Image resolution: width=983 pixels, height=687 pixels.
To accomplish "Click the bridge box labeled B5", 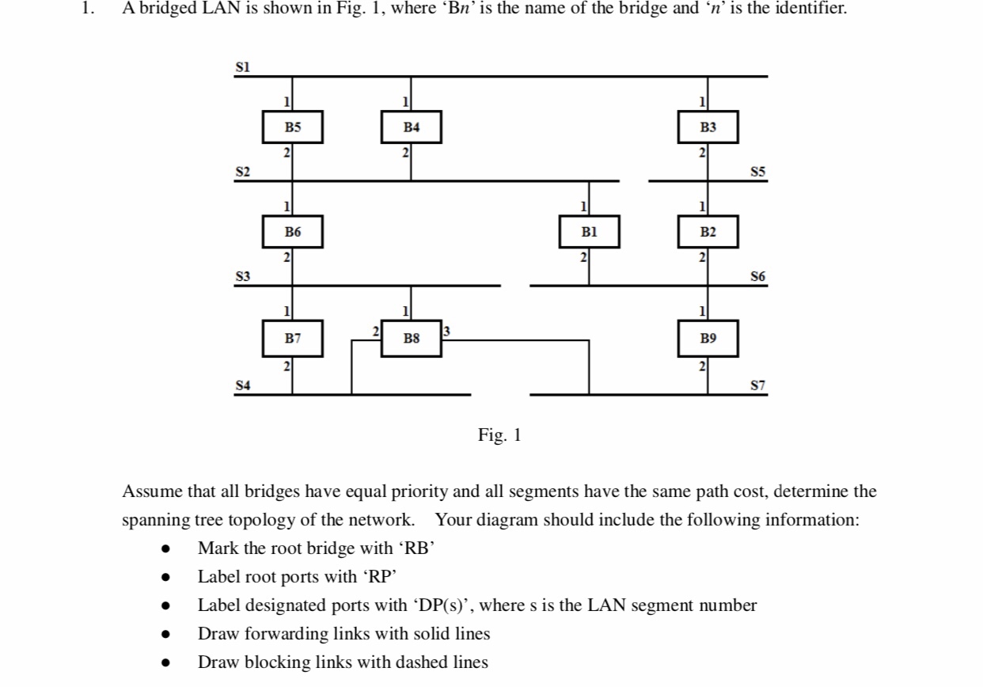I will click(293, 127).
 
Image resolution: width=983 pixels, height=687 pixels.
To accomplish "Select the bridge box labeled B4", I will click(411, 127).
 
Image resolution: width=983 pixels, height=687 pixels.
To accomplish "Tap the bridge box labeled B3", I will click(708, 127).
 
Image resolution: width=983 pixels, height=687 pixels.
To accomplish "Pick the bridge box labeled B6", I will click(293, 232).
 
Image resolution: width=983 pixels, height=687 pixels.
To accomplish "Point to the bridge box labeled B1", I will click(589, 232).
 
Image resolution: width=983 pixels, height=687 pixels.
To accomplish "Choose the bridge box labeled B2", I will click(708, 232).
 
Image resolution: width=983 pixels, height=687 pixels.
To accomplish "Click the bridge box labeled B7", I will click(293, 338).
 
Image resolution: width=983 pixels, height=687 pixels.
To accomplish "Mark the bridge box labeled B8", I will click(411, 339).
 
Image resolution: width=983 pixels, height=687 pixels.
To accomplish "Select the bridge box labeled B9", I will click(708, 338).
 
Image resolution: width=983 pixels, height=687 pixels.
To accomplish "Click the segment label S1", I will click(243, 67).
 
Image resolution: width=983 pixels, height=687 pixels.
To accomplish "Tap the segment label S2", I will click(243, 172).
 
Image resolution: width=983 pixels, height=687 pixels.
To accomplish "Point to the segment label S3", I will click(243, 276).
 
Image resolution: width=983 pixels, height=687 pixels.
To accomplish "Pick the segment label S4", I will click(243, 385).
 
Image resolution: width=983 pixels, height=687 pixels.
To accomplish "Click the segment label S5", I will click(757, 172).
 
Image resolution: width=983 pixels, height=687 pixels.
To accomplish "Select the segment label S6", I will click(757, 276).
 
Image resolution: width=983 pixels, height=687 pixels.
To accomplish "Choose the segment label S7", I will click(757, 385).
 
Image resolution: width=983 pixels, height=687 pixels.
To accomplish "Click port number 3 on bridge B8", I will click(446, 330).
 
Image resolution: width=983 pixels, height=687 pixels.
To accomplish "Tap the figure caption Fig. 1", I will click(499, 435).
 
